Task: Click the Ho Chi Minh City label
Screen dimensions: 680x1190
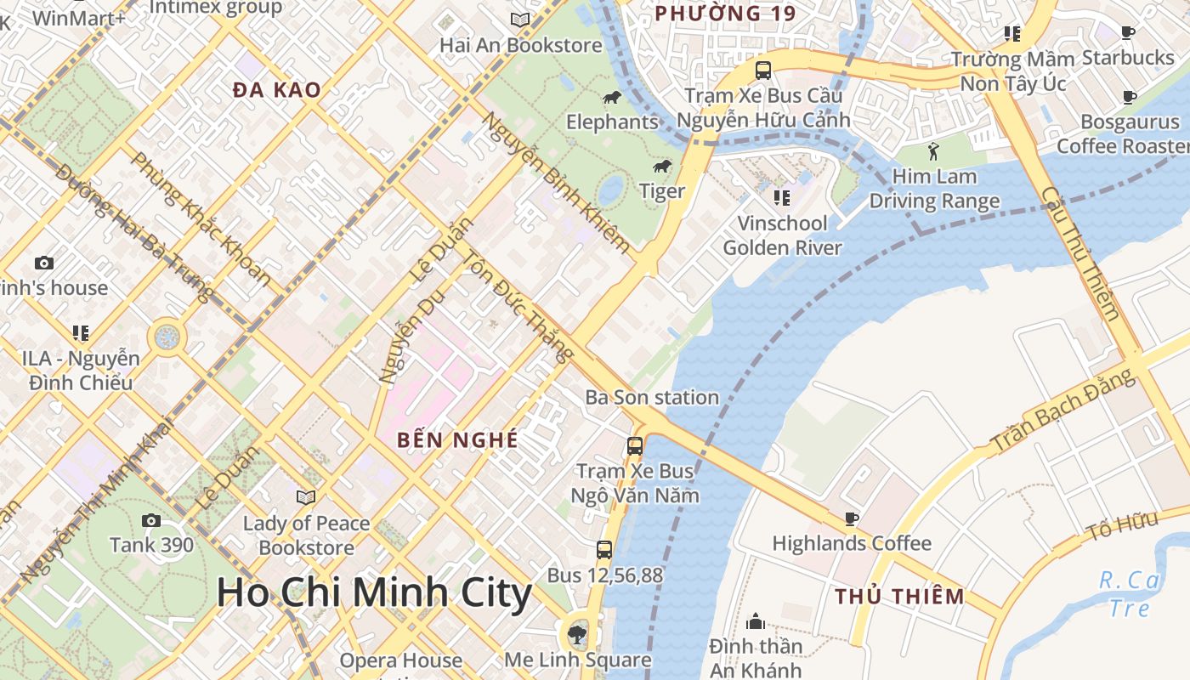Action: point(374,592)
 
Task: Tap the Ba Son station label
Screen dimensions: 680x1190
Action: point(652,397)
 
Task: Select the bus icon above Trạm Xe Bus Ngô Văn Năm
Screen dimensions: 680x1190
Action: point(635,445)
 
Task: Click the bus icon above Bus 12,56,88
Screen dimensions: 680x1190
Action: point(604,550)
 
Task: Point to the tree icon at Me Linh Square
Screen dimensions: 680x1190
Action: point(577,633)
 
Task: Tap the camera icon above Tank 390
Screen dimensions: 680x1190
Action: point(151,520)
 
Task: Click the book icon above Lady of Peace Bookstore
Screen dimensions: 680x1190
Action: point(306,497)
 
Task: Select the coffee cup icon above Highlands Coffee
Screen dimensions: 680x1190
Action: point(852,518)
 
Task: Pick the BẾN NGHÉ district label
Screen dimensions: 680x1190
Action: point(457,440)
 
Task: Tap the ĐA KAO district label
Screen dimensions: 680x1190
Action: point(277,90)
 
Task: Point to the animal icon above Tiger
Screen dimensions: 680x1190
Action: point(662,166)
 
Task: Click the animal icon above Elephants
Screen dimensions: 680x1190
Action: point(612,98)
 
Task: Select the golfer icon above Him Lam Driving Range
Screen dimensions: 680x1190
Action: point(934,151)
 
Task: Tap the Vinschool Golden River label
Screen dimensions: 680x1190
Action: point(782,235)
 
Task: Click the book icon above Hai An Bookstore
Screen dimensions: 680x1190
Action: point(520,20)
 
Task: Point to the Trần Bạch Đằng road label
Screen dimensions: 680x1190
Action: point(1063,412)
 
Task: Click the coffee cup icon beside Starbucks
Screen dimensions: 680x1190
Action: point(1128,33)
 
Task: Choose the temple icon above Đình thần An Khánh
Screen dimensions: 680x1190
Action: point(756,621)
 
